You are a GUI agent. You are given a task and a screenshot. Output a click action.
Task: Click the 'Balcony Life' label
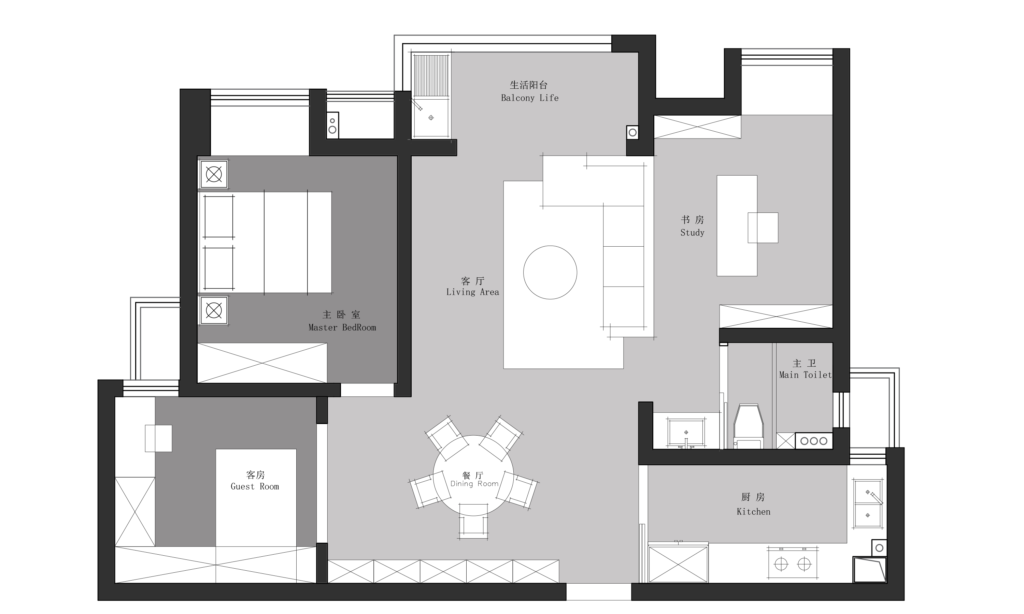(529, 98)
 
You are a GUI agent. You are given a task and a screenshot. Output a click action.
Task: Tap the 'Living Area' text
(472, 292)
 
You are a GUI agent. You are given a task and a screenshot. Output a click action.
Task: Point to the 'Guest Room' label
(255, 486)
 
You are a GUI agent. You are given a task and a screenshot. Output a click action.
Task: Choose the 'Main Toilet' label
(805, 375)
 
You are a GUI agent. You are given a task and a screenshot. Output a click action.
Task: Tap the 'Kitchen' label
(753, 512)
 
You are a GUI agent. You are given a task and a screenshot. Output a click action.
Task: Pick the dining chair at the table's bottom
(473, 521)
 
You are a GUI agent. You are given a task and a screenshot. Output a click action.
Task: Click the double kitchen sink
(868, 503)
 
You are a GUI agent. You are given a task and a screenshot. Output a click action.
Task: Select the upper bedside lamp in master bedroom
(214, 174)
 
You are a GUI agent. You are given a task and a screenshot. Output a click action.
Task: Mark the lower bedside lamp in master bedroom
(214, 310)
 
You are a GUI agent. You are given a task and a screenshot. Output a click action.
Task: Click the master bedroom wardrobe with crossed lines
(262, 363)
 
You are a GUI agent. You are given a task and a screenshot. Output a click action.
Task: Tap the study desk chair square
(763, 228)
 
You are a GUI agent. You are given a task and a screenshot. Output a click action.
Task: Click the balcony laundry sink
(431, 118)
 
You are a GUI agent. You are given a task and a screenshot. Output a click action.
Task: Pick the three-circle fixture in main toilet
(814, 441)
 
